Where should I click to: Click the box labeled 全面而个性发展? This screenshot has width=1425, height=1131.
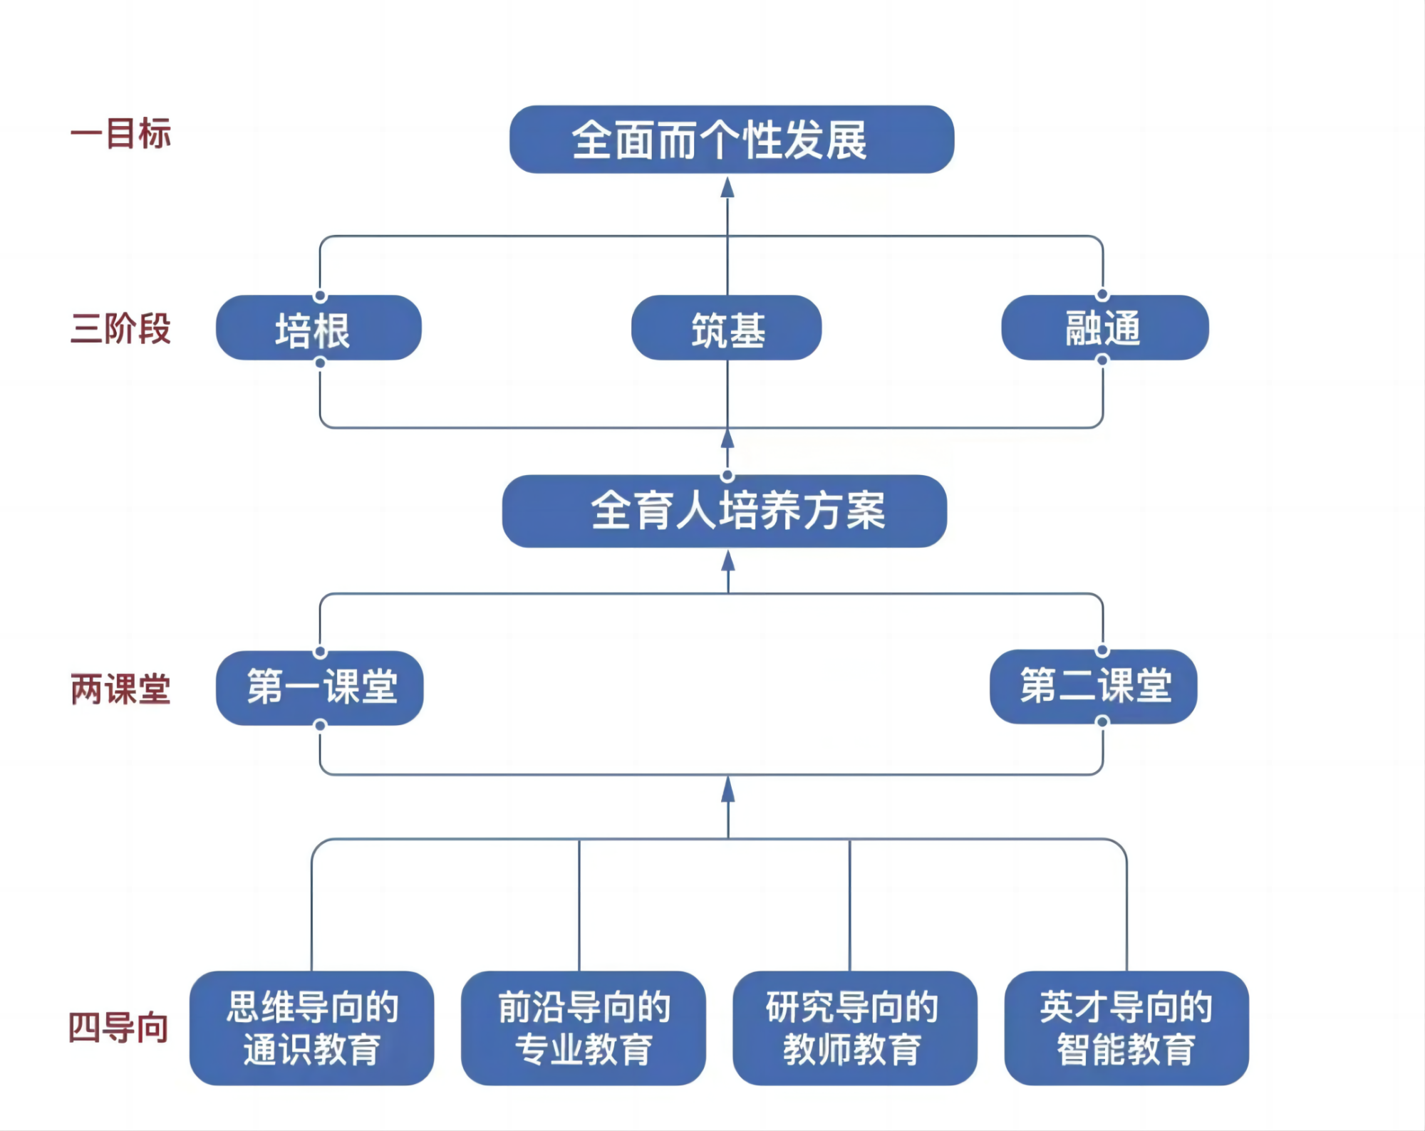732,140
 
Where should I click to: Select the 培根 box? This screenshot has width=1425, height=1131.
318,328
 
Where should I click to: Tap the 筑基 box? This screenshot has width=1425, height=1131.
726,328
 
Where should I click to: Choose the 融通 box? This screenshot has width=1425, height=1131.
1104,328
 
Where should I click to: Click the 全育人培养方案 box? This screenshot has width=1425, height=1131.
725,511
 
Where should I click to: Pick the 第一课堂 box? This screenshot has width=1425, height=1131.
320,688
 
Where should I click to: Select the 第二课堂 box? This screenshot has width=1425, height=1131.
1093,687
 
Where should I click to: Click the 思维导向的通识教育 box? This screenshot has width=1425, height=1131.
311,1028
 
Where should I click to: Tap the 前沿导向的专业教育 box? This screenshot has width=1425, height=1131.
583,1028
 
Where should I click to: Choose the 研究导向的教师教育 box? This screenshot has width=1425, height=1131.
854,1028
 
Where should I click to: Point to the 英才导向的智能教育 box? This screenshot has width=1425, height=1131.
1126,1028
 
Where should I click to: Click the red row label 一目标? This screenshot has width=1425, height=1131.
120,134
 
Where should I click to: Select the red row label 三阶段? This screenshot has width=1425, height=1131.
120,329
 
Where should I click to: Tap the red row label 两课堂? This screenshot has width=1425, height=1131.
120,689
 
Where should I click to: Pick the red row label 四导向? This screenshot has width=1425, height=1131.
118,1028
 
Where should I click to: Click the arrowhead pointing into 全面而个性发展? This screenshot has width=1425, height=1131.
727,188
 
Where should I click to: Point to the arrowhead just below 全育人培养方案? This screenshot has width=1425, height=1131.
727,561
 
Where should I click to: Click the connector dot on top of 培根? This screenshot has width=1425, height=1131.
320,296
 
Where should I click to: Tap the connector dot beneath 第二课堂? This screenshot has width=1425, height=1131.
1102,722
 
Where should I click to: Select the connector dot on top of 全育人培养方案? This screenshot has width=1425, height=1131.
727,475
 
